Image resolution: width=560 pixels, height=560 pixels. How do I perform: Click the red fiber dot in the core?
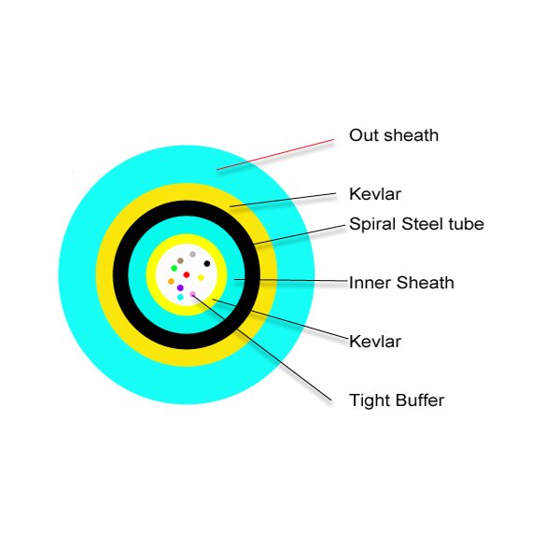pos(187,274)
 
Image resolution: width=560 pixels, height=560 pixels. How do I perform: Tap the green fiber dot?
pos(175,268)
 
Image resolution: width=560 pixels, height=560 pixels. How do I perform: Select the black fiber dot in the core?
pos(207,263)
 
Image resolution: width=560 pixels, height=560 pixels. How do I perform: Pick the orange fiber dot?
pos(171,282)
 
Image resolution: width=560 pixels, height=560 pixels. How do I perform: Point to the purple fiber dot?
pos(180,287)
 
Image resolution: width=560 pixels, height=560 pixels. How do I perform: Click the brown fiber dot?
pos(180,260)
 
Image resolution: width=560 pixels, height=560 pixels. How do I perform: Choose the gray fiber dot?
pos(192,254)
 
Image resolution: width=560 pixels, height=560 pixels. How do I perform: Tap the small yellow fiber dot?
pos(201,277)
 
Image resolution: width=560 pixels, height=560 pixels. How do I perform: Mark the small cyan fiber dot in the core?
pos(180,297)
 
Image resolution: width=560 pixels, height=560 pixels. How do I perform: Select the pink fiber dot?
pos(193,294)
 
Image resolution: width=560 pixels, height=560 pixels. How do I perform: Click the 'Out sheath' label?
pos(394,135)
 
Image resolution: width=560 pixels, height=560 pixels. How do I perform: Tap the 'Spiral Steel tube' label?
pos(416,224)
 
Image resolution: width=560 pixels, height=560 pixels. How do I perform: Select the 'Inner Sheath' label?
pos(401,283)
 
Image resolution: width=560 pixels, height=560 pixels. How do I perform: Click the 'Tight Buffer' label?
pos(397,400)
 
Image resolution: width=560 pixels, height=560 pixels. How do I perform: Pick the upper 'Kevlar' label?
pos(375,194)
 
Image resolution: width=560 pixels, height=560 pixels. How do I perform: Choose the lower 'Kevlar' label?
pos(375,342)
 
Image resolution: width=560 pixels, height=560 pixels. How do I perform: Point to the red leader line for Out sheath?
pos(275,154)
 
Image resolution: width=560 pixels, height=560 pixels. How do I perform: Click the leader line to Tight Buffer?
pos(261,348)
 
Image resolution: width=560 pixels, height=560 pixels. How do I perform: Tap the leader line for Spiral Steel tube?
pos(300,235)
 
